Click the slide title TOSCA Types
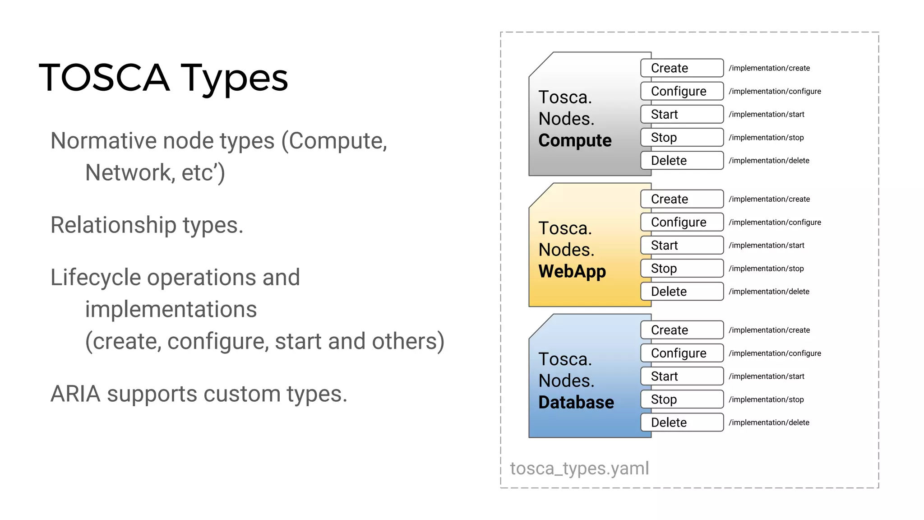coord(163,78)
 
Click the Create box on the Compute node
coord(682,68)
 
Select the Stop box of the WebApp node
coord(682,269)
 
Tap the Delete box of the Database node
coord(682,422)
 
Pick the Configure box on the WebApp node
coord(682,222)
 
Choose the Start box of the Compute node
coord(682,114)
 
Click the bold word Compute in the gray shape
coord(575,140)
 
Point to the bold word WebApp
coord(572,271)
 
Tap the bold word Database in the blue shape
coord(576,402)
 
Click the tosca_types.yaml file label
coord(579,469)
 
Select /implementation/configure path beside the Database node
coord(775,353)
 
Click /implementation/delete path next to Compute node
coord(769,161)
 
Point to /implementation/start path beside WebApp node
coord(766,246)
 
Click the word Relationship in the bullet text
coord(113,225)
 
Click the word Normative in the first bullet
coord(103,141)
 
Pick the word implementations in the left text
coord(171,310)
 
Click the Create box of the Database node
coord(682,330)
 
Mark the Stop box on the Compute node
coord(682,137)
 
